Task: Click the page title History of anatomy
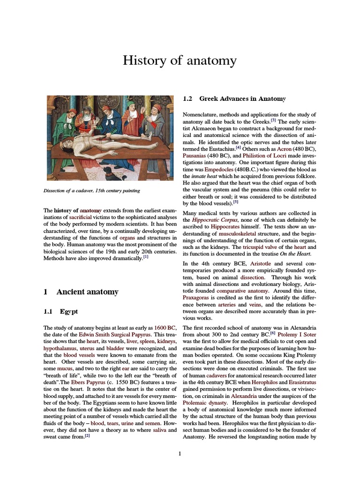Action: (x=180, y=60)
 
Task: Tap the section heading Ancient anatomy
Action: (x=87, y=292)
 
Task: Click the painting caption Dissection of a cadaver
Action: (x=92, y=191)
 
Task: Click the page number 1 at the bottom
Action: (x=180, y=453)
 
